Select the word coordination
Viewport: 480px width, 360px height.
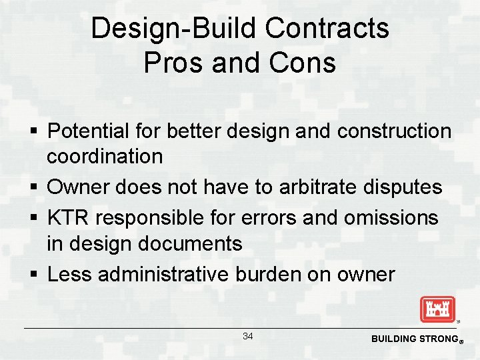pos(105,157)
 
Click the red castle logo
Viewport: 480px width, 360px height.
pos(437,309)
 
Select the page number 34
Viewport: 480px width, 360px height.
pos(248,336)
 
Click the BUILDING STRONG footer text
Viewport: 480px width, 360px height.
pos(413,339)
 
